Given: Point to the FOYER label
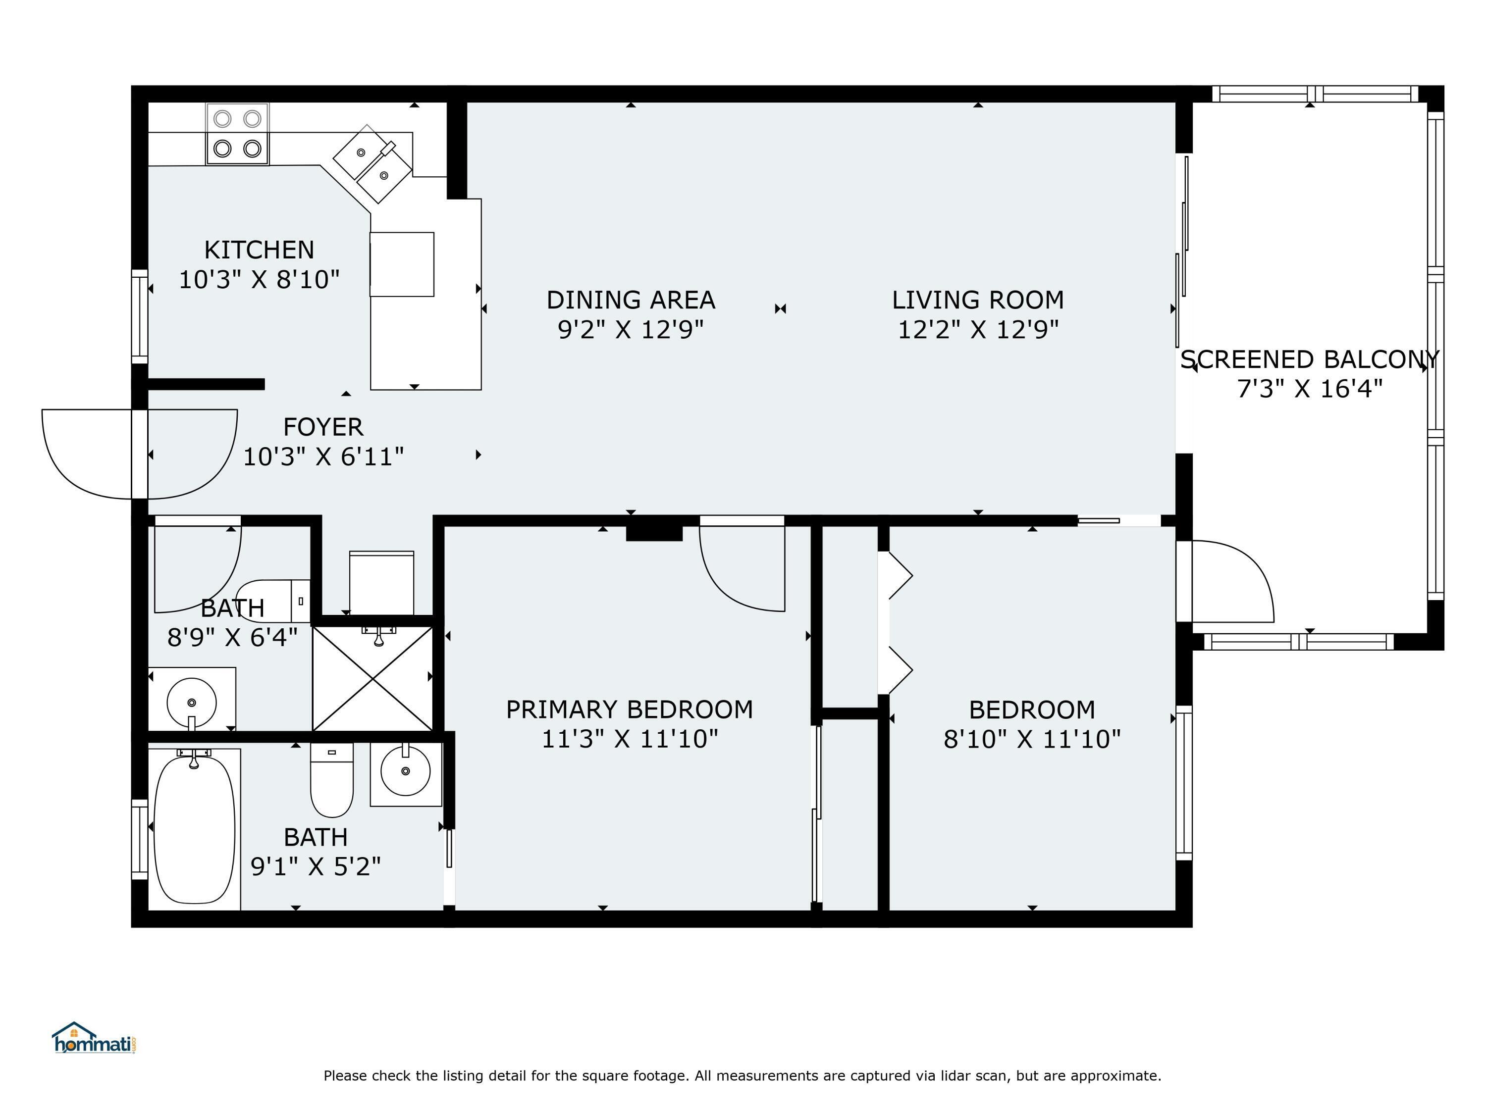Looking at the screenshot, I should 323,427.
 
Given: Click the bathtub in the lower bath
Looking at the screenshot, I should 195,829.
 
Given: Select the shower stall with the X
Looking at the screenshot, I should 373,678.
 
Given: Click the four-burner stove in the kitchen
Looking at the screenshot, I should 237,134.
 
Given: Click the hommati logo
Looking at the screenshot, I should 94,1039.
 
